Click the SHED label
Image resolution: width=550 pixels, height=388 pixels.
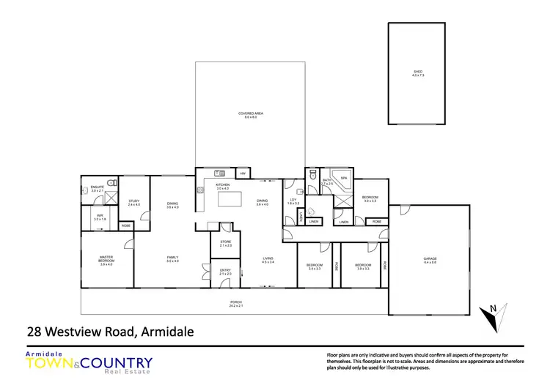coord(417,72)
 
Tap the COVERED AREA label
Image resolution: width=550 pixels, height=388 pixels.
coord(251,114)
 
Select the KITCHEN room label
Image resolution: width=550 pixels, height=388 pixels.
coord(223,184)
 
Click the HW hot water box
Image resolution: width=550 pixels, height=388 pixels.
coord(243,174)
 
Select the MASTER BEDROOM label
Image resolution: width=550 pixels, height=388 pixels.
coord(106,258)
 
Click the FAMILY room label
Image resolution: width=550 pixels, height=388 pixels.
coord(172,258)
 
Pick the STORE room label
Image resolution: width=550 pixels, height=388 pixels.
coord(225,243)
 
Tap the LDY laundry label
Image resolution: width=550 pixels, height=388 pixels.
coord(292,200)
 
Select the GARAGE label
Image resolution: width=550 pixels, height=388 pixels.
coord(430,258)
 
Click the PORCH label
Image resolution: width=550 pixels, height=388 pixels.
coord(235,302)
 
